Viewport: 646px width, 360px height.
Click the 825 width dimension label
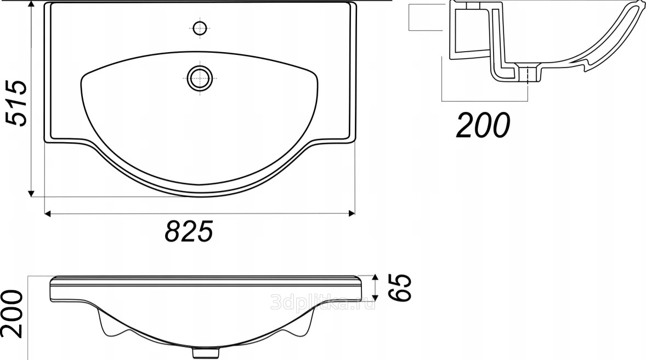189,232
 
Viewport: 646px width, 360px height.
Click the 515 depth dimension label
16,103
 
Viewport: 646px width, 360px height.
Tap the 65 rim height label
400,288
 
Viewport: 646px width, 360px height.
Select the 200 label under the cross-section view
483,125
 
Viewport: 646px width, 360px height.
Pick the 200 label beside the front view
12,313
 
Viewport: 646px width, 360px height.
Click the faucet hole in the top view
200,29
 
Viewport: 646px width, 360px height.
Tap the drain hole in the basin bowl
200,78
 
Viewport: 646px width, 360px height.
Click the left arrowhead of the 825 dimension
47,213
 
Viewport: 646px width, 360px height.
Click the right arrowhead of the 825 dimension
352,213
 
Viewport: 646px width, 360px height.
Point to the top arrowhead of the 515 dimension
31,4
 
